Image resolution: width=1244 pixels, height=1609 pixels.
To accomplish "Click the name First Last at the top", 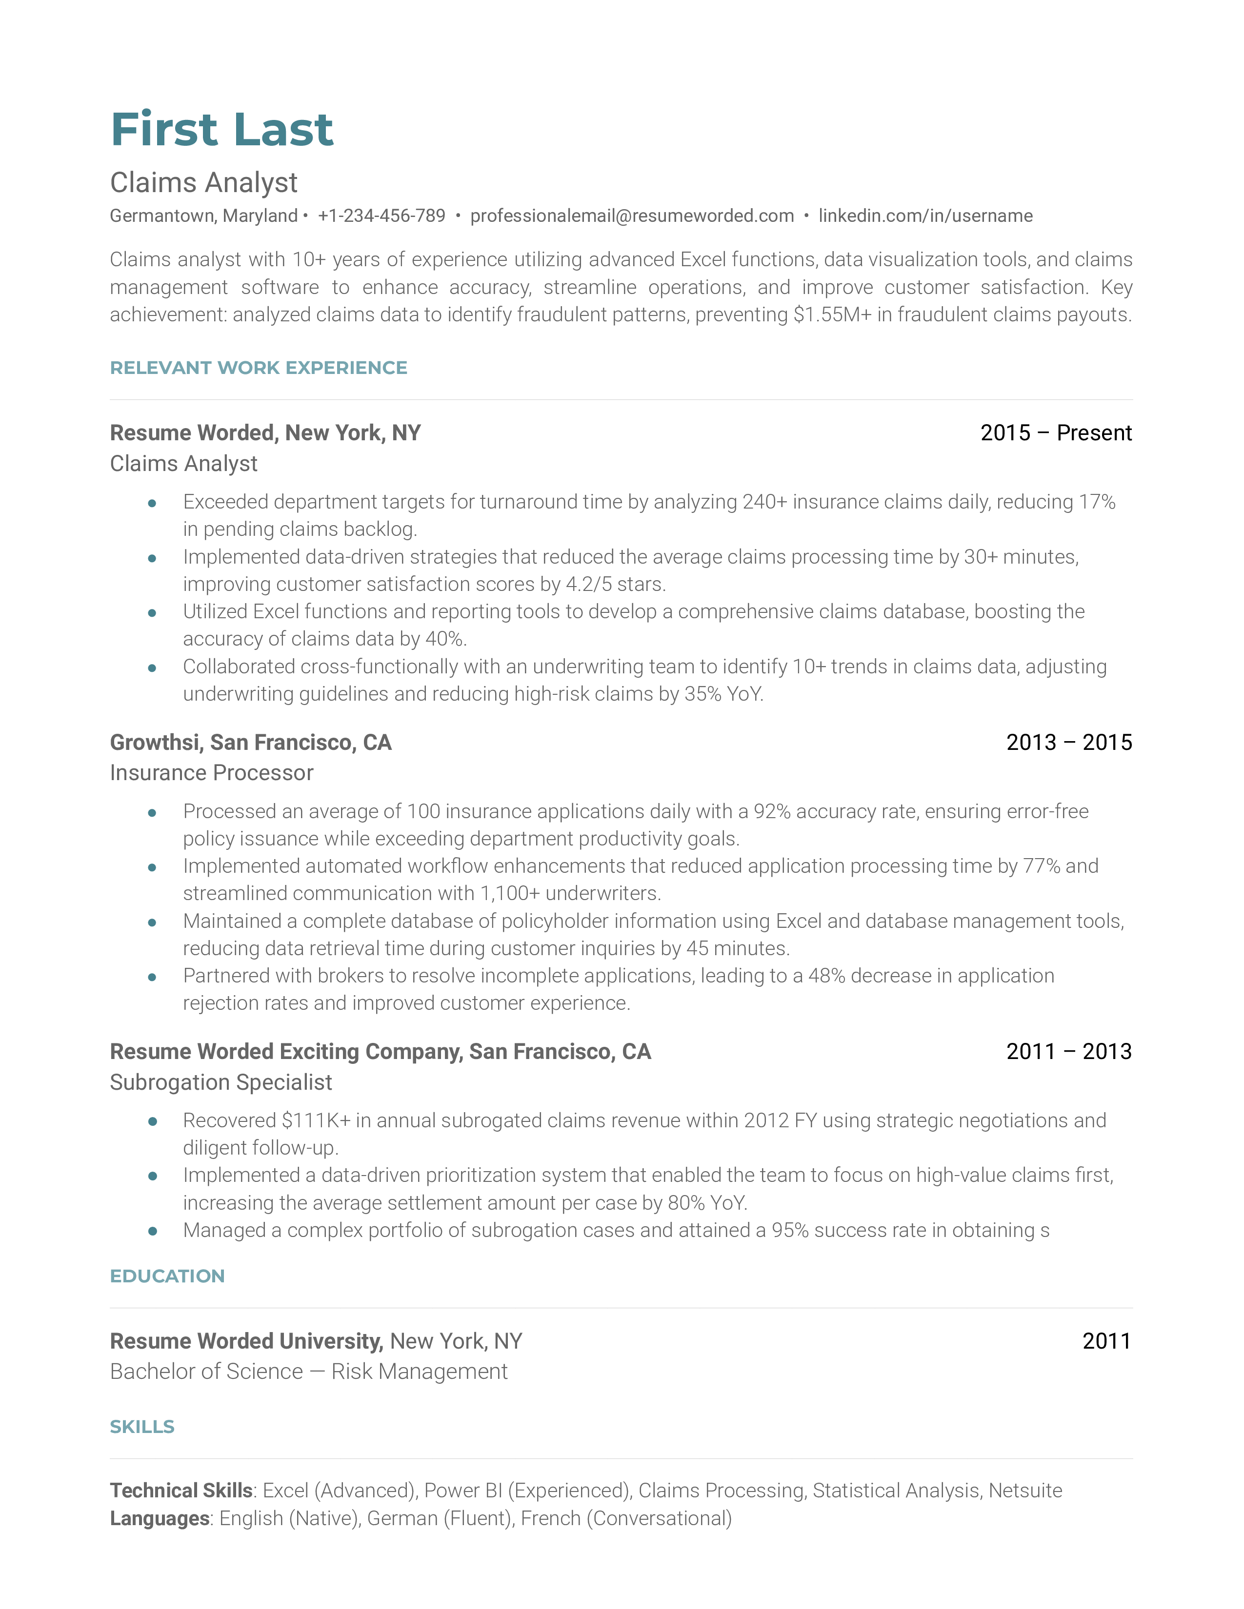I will [x=222, y=130].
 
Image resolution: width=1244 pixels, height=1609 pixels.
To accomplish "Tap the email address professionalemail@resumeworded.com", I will [x=632, y=216].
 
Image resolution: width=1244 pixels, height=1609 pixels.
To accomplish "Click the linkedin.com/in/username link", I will [x=925, y=216].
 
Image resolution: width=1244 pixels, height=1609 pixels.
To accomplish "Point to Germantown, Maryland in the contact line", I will [x=203, y=216].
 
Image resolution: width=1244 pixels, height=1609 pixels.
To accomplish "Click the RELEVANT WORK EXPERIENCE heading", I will [x=258, y=368].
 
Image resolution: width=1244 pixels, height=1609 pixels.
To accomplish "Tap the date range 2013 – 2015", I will [x=1068, y=742].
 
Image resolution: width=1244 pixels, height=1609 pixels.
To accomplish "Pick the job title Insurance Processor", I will [x=212, y=773].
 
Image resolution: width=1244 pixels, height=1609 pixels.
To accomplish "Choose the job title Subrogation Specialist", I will [x=221, y=1082].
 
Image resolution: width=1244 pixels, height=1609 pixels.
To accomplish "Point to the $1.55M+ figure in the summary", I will [x=832, y=314].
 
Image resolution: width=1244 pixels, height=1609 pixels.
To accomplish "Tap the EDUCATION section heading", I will [x=167, y=1276].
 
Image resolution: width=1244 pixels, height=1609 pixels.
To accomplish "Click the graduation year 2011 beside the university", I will [x=1106, y=1341].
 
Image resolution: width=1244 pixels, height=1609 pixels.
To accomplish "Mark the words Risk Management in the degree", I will [x=420, y=1372].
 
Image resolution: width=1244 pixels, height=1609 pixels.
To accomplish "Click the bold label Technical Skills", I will [x=181, y=1491].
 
